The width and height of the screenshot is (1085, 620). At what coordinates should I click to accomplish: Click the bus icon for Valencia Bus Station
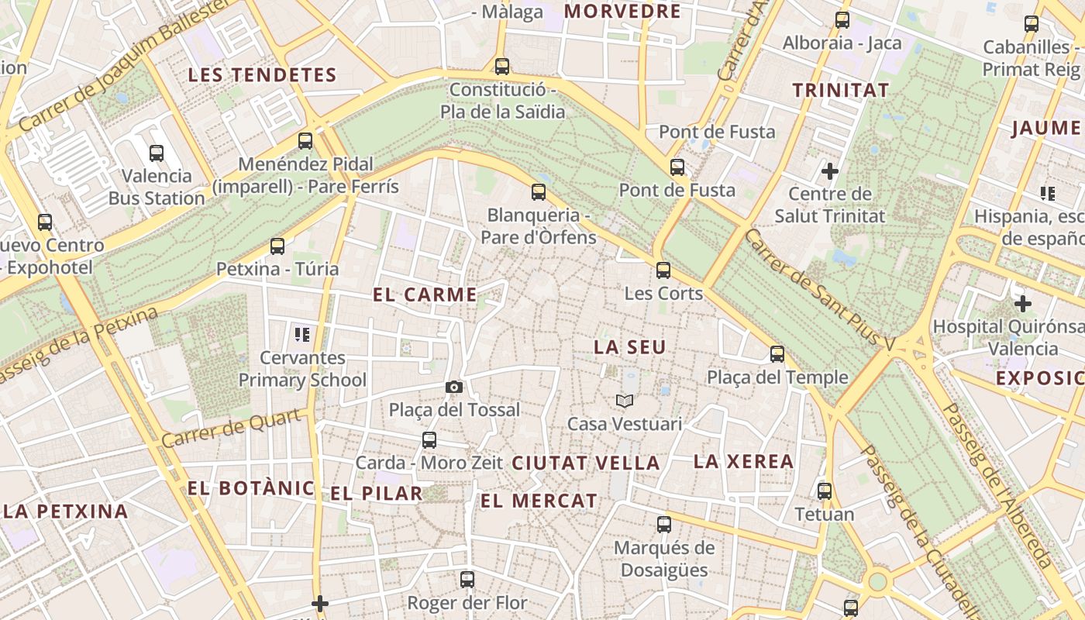[x=157, y=153]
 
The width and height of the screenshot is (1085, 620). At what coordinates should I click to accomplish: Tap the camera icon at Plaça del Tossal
[x=454, y=387]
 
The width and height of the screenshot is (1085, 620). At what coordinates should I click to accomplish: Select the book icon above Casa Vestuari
[x=625, y=401]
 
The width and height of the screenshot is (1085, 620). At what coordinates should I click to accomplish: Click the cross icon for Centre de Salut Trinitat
[x=830, y=170]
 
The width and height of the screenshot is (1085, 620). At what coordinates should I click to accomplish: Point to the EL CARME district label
[x=425, y=294]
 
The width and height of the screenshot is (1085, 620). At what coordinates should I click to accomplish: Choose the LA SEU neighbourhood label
[x=629, y=347]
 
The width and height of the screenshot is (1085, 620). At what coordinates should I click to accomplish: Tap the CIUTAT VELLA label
[x=586, y=463]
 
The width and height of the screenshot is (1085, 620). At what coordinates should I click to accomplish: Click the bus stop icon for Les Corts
[x=663, y=270]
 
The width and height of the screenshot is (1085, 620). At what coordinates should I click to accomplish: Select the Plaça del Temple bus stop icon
[x=777, y=354]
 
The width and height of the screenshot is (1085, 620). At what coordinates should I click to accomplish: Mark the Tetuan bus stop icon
[x=825, y=491]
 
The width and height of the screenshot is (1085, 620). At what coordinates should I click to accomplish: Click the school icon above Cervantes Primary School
[x=302, y=335]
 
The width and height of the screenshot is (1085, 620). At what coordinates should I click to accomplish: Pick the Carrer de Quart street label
[x=230, y=429]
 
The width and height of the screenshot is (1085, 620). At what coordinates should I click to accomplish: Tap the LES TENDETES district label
[x=262, y=75]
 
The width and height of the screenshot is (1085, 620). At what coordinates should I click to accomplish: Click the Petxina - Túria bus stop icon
[x=277, y=246]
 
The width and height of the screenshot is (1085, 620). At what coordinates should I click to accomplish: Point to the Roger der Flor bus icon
[x=467, y=579]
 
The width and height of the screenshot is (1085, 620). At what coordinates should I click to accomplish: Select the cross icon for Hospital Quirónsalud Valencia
[x=1023, y=304]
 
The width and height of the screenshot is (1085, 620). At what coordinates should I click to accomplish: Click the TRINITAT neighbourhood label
[x=841, y=90]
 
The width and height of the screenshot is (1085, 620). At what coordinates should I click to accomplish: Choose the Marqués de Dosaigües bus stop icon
[x=664, y=525]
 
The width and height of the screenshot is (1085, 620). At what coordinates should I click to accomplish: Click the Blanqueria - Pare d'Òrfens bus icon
[x=539, y=192]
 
